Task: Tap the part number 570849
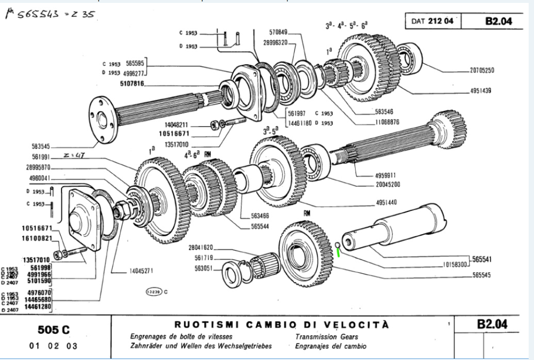pyautogui.click(x=279, y=32)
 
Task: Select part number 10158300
pyautogui.click(x=456, y=265)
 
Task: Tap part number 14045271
pyautogui.click(x=140, y=271)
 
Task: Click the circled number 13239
pyautogui.click(x=152, y=292)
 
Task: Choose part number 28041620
pyautogui.click(x=205, y=247)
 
